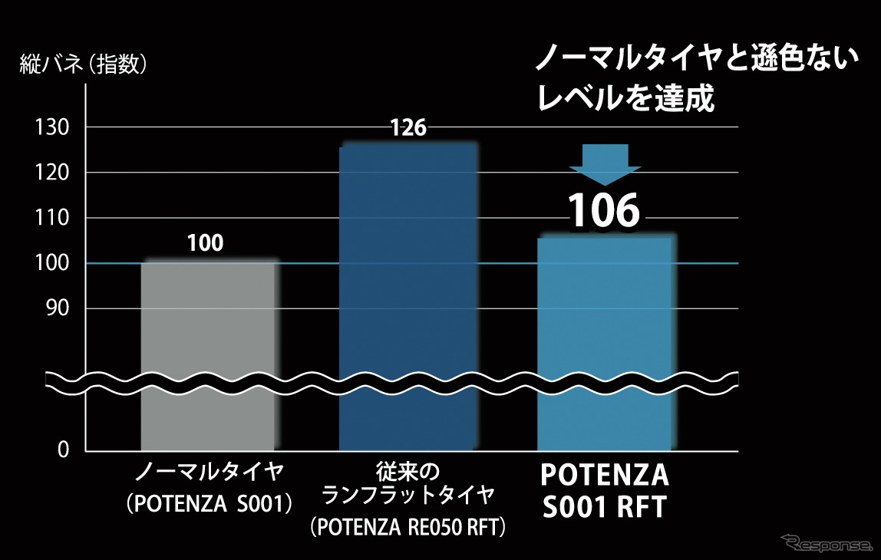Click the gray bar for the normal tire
(x=208, y=353)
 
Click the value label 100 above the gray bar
(x=205, y=245)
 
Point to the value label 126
(x=408, y=128)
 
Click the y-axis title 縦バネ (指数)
(x=84, y=65)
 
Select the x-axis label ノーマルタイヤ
(x=209, y=471)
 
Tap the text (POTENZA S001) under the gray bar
(x=209, y=504)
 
